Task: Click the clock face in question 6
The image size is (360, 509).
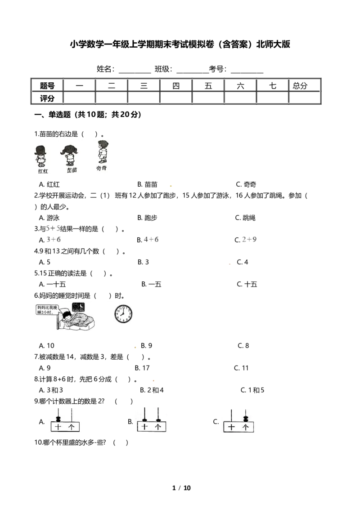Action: [x=123, y=314]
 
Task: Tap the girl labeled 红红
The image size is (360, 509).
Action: [x=40, y=156]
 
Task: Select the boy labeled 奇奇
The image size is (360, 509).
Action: [x=103, y=152]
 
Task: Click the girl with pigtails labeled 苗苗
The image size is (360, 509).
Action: [x=69, y=156]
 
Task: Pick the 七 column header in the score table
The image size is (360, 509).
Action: [x=273, y=86]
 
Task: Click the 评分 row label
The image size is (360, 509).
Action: [x=47, y=98]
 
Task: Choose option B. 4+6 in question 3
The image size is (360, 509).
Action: [x=148, y=240]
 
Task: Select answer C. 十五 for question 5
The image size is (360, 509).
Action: [x=247, y=284]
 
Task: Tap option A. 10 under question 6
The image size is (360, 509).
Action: [x=46, y=346]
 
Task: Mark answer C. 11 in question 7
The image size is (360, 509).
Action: [x=241, y=368]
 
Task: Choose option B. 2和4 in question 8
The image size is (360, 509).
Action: [x=152, y=390]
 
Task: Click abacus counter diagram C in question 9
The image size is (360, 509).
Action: [x=238, y=421]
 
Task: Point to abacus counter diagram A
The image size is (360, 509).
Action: [x=65, y=420]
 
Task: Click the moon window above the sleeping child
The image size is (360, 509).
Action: [x=78, y=307]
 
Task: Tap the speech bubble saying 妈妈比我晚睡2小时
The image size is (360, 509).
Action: [x=47, y=310]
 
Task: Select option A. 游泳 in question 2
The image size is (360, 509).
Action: [x=49, y=218]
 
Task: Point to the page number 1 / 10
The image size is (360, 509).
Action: [x=181, y=488]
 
